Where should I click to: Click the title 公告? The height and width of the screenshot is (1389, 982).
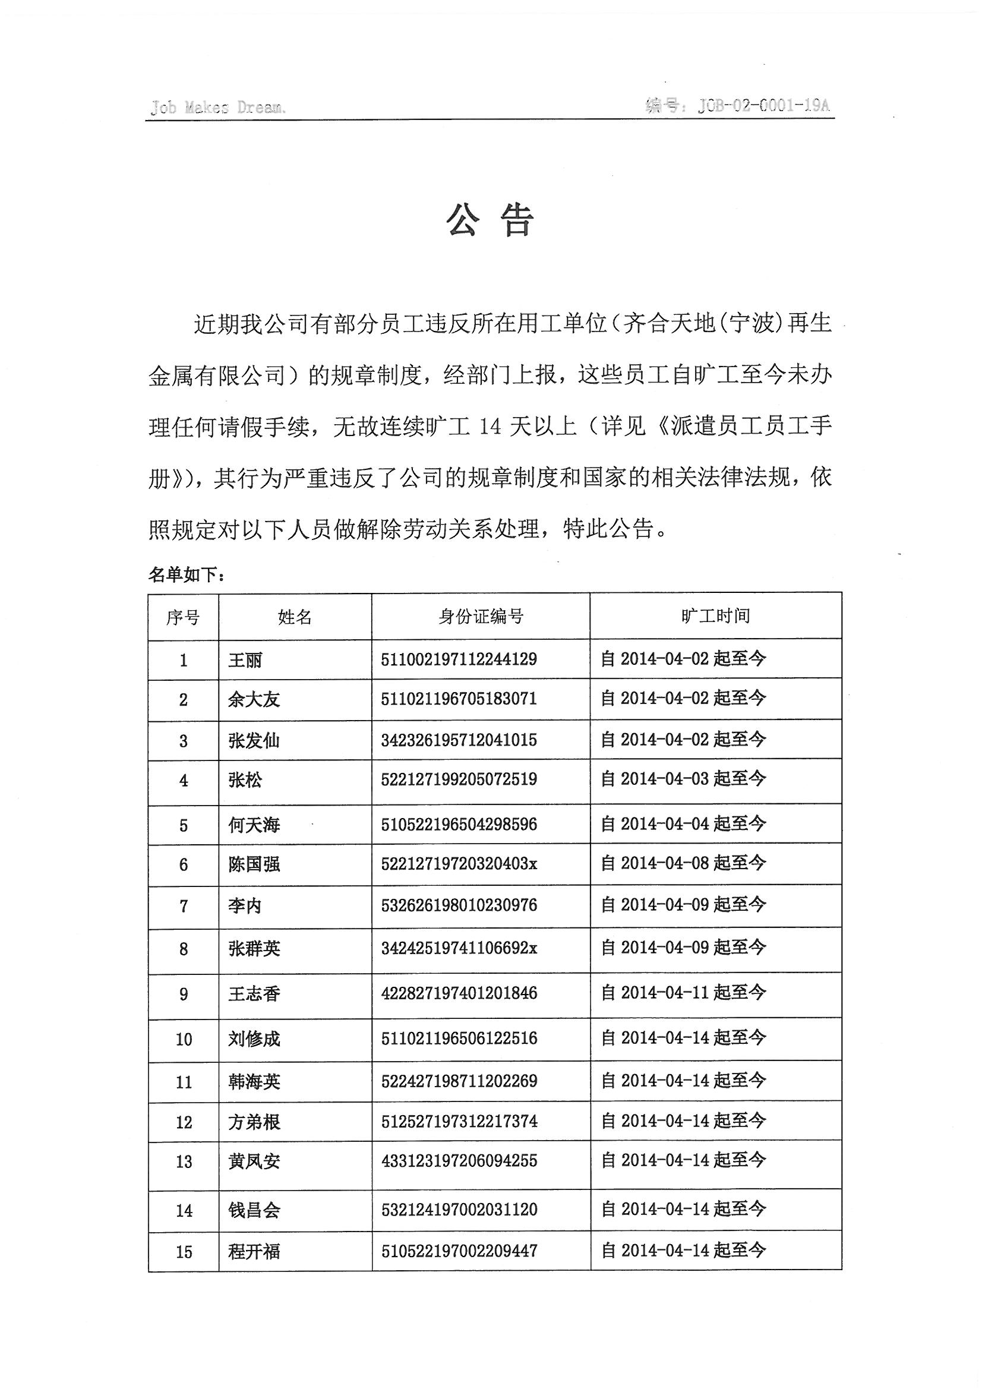490,219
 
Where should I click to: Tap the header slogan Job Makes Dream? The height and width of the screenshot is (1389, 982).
218,108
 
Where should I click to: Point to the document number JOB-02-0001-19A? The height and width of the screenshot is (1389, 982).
763,106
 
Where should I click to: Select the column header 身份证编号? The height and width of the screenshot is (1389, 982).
481,617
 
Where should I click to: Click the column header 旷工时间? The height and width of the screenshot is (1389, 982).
715,616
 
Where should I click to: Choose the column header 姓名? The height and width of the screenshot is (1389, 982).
295,617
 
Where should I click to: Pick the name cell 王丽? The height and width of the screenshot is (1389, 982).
245,659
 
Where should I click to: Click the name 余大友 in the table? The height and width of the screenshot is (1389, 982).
254,700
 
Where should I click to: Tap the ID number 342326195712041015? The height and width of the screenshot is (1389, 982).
459,740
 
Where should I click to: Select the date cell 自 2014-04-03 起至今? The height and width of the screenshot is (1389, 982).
683,779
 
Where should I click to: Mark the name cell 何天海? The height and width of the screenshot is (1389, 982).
254,825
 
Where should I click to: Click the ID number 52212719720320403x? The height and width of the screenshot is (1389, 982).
459,864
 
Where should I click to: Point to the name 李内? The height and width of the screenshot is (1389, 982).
245,905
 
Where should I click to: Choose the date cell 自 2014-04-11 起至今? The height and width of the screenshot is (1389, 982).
683,992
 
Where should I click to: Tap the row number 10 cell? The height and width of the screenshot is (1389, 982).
184,1039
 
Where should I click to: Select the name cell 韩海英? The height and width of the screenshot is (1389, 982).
254,1081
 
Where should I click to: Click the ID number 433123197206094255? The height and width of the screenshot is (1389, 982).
459,1160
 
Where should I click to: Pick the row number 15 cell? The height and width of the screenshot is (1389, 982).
184,1252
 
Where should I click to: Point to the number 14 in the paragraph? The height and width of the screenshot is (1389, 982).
490,427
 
